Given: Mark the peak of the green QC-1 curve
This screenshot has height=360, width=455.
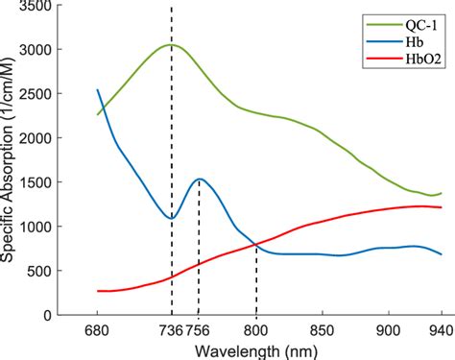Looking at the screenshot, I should tap(171, 44).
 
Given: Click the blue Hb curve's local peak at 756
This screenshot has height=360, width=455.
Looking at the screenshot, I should tap(199, 179).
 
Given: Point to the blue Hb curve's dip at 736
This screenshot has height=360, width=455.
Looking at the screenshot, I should tap(171, 219).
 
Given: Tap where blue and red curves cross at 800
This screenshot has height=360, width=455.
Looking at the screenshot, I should tap(256, 245).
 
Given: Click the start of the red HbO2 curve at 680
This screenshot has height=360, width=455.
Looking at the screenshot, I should tap(98, 291).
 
